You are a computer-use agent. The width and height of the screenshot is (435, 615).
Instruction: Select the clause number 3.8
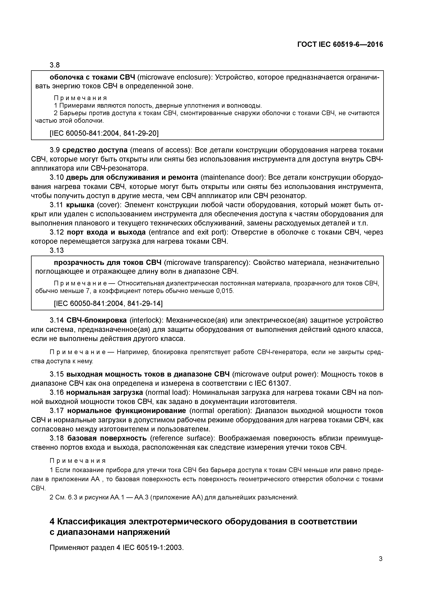coord(55,65)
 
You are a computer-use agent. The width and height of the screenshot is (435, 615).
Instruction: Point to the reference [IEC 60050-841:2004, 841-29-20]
coord(104,133)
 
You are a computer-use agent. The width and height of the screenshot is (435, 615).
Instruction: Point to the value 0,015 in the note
coord(225,291)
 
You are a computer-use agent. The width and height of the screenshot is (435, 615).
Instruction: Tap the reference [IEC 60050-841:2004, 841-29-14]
coord(108,303)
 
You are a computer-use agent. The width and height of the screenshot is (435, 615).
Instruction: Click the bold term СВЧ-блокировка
coord(96,320)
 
